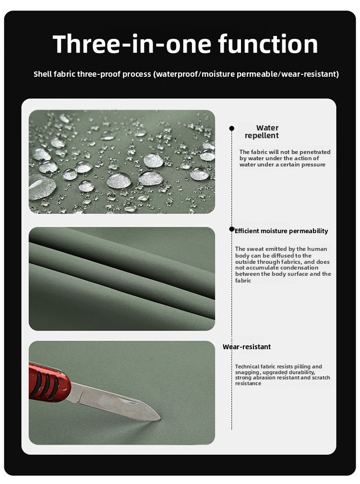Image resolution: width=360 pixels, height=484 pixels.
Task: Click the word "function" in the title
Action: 268,44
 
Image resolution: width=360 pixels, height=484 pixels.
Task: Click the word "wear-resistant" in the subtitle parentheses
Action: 308,74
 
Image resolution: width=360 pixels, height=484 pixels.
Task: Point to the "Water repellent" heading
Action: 262,131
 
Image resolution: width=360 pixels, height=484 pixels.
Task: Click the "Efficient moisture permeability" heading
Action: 281,231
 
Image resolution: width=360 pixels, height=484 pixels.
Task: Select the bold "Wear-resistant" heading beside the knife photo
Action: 247,347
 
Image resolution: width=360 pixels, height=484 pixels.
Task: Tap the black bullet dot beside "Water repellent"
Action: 231,128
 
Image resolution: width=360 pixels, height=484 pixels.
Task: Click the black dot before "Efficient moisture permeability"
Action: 232,229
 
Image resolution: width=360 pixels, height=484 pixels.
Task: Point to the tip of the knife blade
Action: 160,419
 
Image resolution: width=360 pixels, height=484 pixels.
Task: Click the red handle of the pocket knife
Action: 49,382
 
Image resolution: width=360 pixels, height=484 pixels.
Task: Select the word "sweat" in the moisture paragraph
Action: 256,249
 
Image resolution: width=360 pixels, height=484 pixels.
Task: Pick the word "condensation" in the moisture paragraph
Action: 299,268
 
